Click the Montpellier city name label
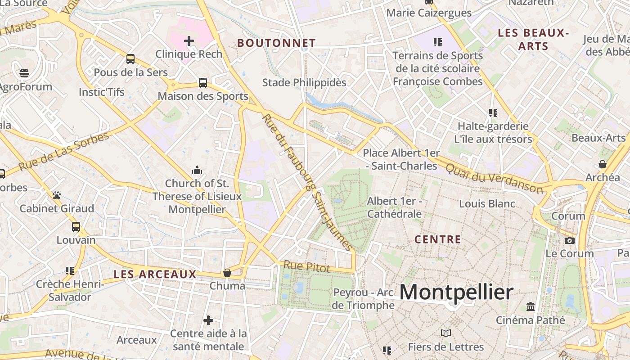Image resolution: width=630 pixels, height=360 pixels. tap(456, 293)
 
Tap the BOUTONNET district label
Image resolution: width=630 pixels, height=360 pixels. tap(276, 43)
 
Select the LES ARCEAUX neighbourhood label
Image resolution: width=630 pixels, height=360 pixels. tap(155, 274)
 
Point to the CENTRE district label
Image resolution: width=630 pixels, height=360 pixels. tap(438, 239)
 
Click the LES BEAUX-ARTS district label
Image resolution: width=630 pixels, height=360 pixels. tap(534, 39)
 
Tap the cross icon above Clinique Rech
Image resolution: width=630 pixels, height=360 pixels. tap(189, 41)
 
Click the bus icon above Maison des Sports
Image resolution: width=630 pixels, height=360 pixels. tap(203, 83)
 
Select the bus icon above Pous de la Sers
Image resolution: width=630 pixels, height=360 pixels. tap(130, 59)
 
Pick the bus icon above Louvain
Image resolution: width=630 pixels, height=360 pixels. tap(76, 227)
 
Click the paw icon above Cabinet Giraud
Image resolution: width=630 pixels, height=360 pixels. tap(57, 195)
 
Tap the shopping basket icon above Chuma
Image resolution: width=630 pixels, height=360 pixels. tap(227, 273)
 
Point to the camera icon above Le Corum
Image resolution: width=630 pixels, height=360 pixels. tap(570, 240)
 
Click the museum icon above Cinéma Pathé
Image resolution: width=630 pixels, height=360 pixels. tap(531, 307)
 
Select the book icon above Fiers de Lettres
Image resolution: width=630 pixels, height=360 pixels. tap(446, 333)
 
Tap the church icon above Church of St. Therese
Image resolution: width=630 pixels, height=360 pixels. tap(197, 170)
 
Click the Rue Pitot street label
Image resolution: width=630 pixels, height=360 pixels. tap(306, 267)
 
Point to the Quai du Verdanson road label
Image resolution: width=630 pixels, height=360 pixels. tap(494, 178)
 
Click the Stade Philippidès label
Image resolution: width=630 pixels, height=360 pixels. tap(304, 83)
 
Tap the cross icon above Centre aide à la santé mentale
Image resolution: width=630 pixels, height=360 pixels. tap(208, 320)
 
